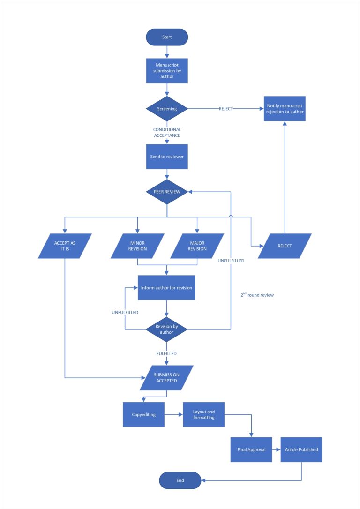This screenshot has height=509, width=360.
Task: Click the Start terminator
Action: click(x=167, y=37)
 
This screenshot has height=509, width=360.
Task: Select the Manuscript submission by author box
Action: click(x=167, y=70)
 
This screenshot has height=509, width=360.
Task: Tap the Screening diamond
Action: click(x=167, y=109)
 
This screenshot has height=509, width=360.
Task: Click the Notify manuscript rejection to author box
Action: click(x=285, y=108)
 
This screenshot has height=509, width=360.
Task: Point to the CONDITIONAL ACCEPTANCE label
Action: click(x=167, y=132)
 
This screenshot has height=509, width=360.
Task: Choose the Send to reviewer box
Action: click(x=167, y=157)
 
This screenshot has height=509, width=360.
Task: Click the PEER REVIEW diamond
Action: click(x=167, y=192)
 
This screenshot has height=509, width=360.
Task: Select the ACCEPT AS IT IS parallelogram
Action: click(x=64, y=246)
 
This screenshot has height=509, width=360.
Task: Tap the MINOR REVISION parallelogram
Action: click(x=137, y=246)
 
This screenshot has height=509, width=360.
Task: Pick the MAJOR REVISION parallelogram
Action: click(x=197, y=246)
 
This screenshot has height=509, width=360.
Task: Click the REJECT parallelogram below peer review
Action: click(x=285, y=246)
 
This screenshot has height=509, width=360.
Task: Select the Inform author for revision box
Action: click(x=166, y=287)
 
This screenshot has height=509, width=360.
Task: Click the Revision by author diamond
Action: click(x=167, y=329)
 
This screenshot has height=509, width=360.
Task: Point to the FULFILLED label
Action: click(x=166, y=354)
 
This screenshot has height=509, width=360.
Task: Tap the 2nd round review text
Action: click(x=257, y=295)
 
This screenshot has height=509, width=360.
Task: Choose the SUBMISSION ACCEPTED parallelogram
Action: click(x=166, y=378)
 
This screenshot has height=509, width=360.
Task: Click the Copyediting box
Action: click(x=143, y=414)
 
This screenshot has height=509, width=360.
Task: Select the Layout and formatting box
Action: click(x=203, y=414)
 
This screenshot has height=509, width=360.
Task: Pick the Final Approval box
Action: click(x=251, y=449)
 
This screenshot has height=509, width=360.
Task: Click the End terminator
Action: click(x=180, y=480)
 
